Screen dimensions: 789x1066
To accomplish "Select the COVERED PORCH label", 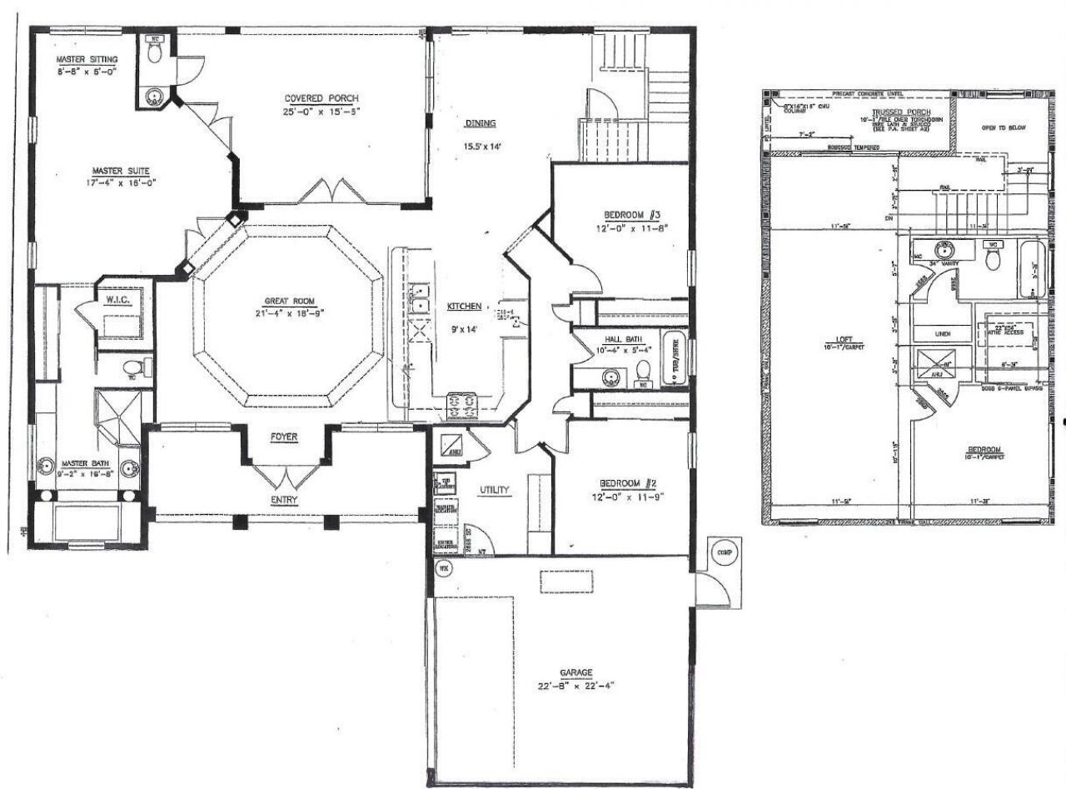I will click(x=321, y=98).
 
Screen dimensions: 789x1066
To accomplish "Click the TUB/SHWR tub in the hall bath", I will click(x=671, y=359).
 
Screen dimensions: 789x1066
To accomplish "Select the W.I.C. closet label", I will click(x=115, y=297).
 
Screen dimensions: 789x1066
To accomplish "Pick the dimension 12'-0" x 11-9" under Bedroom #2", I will click(x=620, y=497).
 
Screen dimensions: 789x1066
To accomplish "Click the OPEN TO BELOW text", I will click(x=1004, y=127).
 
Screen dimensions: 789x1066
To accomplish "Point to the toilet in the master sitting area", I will click(x=155, y=52).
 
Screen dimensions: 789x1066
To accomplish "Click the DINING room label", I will click(x=481, y=123).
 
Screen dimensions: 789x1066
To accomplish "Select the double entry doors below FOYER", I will click(x=286, y=478).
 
